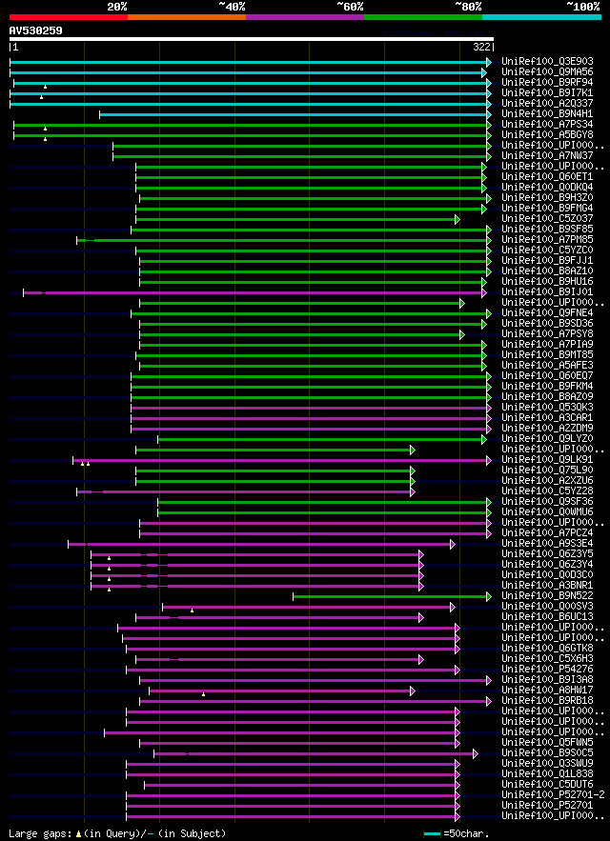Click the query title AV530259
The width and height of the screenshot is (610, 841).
coord(36,30)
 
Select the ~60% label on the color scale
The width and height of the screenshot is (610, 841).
coord(350,6)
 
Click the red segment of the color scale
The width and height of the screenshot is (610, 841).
coord(68,17)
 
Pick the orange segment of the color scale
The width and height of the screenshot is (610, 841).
coord(186,17)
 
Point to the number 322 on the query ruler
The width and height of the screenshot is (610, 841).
coord(481,47)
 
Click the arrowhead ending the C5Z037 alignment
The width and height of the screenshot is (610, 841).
coord(457,219)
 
